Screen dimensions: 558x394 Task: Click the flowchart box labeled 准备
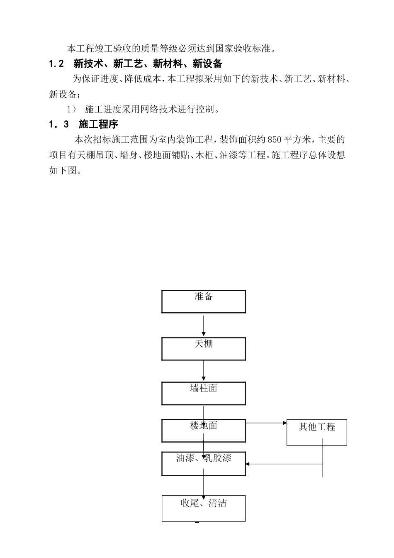point(203,301)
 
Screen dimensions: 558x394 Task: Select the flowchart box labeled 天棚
point(203,349)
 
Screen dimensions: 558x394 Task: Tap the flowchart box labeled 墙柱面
point(203,393)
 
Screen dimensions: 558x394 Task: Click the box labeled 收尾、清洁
point(203,508)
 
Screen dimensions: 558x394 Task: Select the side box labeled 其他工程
point(317,432)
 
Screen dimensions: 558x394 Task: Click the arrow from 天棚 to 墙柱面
point(204,370)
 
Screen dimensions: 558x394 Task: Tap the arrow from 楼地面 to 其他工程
point(266,423)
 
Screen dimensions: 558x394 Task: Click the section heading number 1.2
point(56,64)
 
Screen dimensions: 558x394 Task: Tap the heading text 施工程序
point(98,124)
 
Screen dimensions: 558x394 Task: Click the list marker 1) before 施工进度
point(71,110)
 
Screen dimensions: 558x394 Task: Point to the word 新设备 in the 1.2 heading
point(207,64)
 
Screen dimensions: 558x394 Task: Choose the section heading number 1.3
point(58,124)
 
